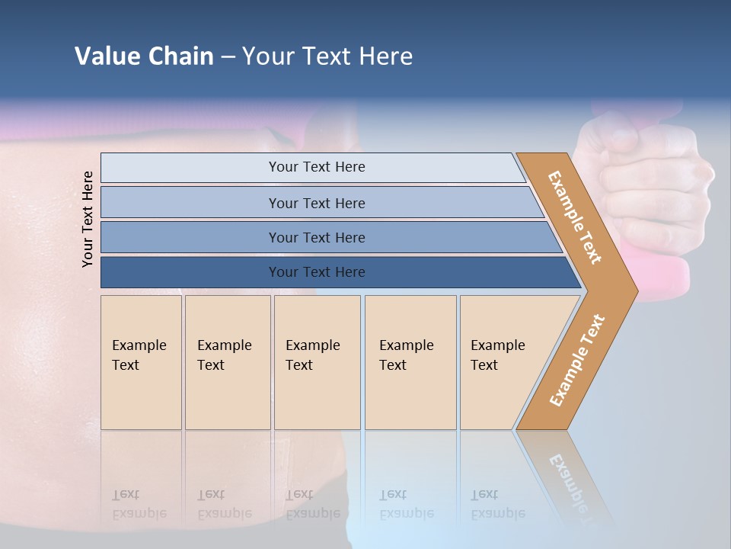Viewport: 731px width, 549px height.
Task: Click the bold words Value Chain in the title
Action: point(144,56)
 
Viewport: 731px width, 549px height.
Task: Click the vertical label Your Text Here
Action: point(88,220)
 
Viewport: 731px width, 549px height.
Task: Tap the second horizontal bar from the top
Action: point(316,203)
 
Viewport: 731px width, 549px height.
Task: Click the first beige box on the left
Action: point(141,362)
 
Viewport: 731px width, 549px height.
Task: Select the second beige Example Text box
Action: point(228,362)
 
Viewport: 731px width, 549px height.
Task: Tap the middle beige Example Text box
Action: point(317,362)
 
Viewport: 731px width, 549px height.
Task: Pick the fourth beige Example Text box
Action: point(410,362)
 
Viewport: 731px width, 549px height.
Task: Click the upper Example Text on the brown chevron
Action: point(575,217)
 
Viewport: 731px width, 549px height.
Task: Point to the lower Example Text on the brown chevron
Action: point(577,360)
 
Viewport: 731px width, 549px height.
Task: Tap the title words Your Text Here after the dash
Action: point(327,56)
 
